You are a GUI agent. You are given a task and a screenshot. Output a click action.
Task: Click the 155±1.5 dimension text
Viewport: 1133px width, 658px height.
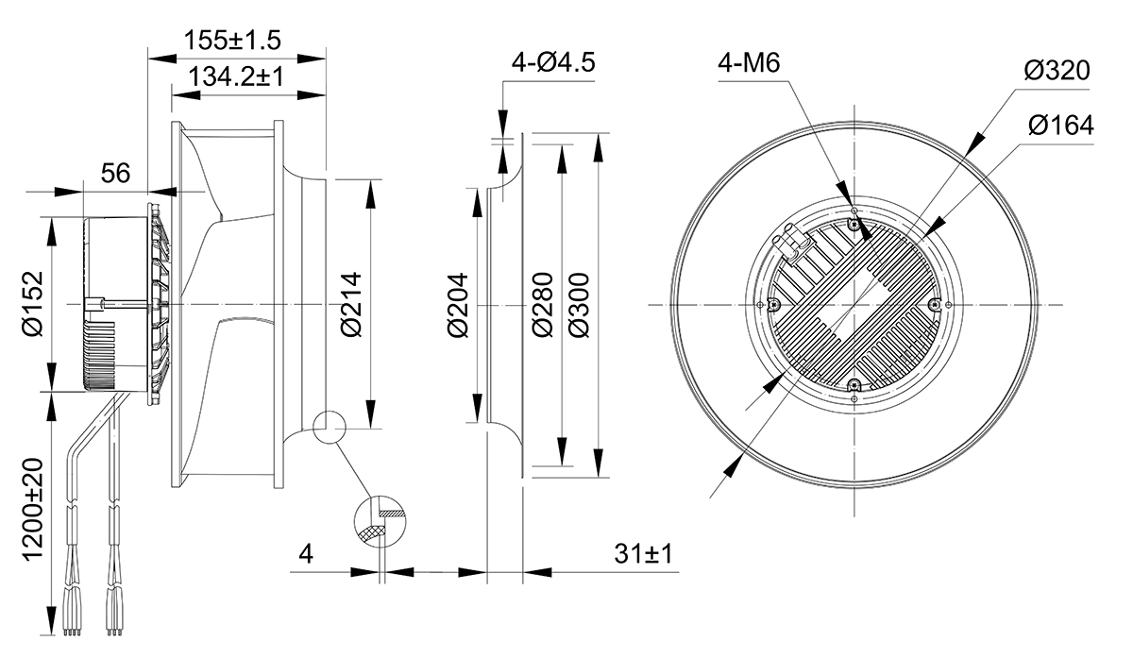tap(232, 40)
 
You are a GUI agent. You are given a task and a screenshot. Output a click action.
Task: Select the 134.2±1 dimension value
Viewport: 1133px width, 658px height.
tap(236, 76)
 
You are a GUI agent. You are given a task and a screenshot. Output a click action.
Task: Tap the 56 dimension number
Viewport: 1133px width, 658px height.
tap(115, 173)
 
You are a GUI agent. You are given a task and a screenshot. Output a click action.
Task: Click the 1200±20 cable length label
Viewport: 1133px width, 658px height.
tap(33, 510)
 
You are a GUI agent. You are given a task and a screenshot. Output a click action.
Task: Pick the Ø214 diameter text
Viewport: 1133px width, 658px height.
tap(351, 305)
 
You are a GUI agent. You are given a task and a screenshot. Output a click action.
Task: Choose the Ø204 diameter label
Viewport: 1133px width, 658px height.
tap(458, 305)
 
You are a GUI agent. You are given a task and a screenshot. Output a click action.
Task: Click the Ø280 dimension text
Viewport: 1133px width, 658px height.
tap(543, 305)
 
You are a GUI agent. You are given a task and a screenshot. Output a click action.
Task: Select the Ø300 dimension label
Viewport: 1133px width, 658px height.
tap(579, 305)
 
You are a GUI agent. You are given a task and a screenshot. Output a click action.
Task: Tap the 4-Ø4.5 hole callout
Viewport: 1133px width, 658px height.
tap(553, 62)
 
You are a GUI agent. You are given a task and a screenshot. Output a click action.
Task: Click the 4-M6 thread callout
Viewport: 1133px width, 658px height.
tap(749, 62)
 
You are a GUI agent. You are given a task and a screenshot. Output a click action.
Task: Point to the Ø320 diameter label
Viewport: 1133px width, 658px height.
tap(1057, 70)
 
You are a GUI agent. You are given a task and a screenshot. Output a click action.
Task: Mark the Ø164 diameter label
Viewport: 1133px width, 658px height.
tap(1060, 125)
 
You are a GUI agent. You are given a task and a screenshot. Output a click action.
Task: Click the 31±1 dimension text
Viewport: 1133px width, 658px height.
tap(643, 554)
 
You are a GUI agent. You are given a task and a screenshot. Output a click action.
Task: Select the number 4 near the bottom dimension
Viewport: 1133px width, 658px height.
tap(306, 554)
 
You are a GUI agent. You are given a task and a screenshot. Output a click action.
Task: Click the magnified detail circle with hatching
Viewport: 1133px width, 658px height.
tap(380, 521)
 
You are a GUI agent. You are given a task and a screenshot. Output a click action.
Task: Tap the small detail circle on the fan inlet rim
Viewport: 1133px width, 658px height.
tap(329, 428)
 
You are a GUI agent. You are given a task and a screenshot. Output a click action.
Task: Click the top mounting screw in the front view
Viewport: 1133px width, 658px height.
tap(854, 225)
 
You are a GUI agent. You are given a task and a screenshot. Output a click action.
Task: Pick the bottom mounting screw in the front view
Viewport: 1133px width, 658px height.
tap(854, 386)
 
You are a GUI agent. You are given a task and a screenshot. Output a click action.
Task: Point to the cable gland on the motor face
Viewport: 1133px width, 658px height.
tap(790, 243)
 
